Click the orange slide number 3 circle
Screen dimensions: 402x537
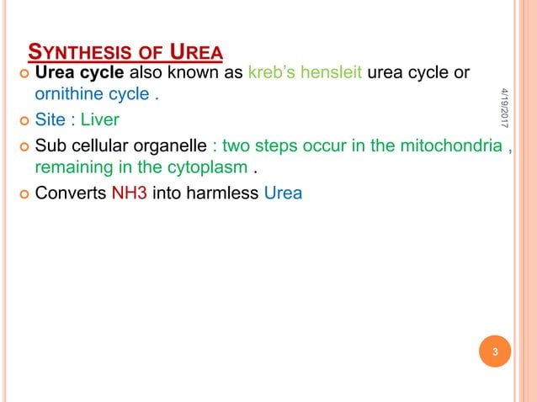point(496,352)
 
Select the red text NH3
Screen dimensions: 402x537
point(130,193)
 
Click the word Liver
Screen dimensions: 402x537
point(99,120)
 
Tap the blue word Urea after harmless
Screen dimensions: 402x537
point(283,193)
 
